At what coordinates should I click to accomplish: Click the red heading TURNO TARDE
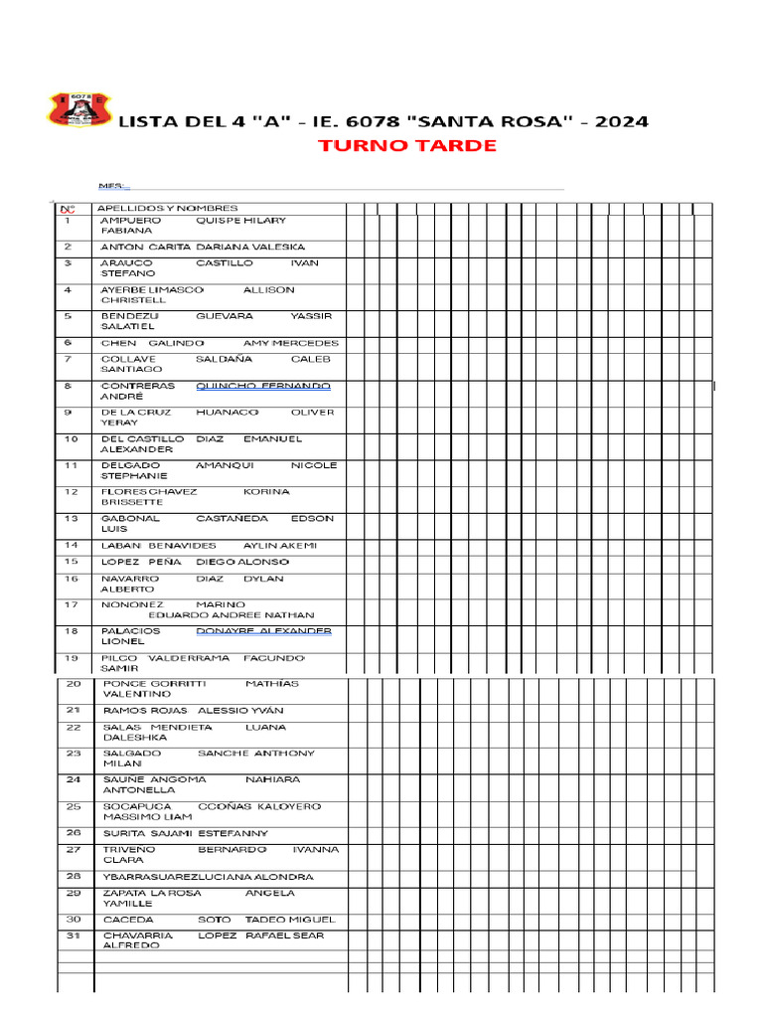(407, 146)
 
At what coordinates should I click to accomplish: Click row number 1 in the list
(68, 221)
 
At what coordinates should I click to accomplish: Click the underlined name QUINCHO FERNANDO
(263, 386)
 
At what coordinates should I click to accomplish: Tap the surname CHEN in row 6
(118, 343)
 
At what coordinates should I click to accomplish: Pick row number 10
(71, 439)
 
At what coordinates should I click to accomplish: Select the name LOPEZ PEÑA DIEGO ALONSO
(195, 562)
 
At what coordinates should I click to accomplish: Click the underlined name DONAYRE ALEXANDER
(263, 631)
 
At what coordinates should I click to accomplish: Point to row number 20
(74, 684)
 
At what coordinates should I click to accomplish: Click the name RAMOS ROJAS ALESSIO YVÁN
(194, 711)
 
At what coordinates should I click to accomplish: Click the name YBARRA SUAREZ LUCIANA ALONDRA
(209, 877)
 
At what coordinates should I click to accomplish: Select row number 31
(74, 935)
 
